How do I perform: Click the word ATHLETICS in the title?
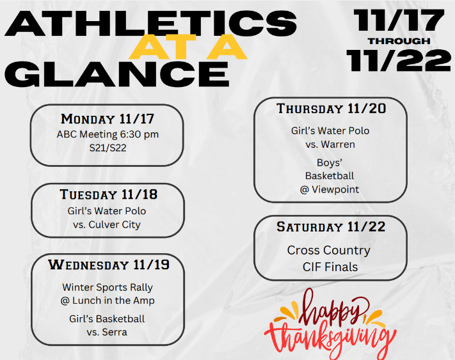tap(150, 24)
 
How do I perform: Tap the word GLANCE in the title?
tap(120, 74)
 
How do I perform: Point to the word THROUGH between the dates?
tap(399, 41)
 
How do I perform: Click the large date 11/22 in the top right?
tap(399, 61)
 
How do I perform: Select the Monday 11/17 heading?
tap(108, 119)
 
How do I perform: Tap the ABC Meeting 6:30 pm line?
tap(108, 134)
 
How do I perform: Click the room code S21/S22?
tap(108, 148)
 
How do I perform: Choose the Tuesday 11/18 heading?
tap(108, 194)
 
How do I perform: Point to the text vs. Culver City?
tap(108, 224)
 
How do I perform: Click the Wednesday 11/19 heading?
tap(108, 265)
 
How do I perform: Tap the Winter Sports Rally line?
tap(108, 287)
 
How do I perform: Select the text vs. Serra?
tap(107, 332)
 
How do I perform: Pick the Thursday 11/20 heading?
tap(331, 109)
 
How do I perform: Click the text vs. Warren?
tap(330, 145)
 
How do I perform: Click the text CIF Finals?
tap(330, 267)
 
